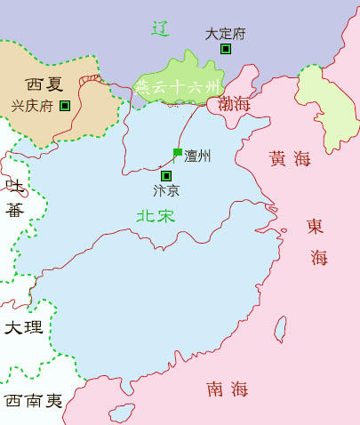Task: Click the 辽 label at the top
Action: [x=160, y=28]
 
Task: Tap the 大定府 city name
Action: [x=225, y=34]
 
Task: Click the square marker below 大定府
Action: [x=226, y=49]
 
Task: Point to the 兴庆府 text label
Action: [x=32, y=105]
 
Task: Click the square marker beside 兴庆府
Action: [x=65, y=106]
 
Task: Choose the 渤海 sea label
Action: [x=235, y=104]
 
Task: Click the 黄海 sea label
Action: [x=290, y=159]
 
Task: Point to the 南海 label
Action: [x=227, y=389]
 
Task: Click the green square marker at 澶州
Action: [x=178, y=152]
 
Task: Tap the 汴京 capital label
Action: [x=166, y=190]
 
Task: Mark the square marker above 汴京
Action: [x=166, y=176]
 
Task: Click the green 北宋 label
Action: [x=156, y=215]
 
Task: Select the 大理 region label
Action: [x=23, y=327]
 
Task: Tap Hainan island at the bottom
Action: [x=123, y=413]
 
